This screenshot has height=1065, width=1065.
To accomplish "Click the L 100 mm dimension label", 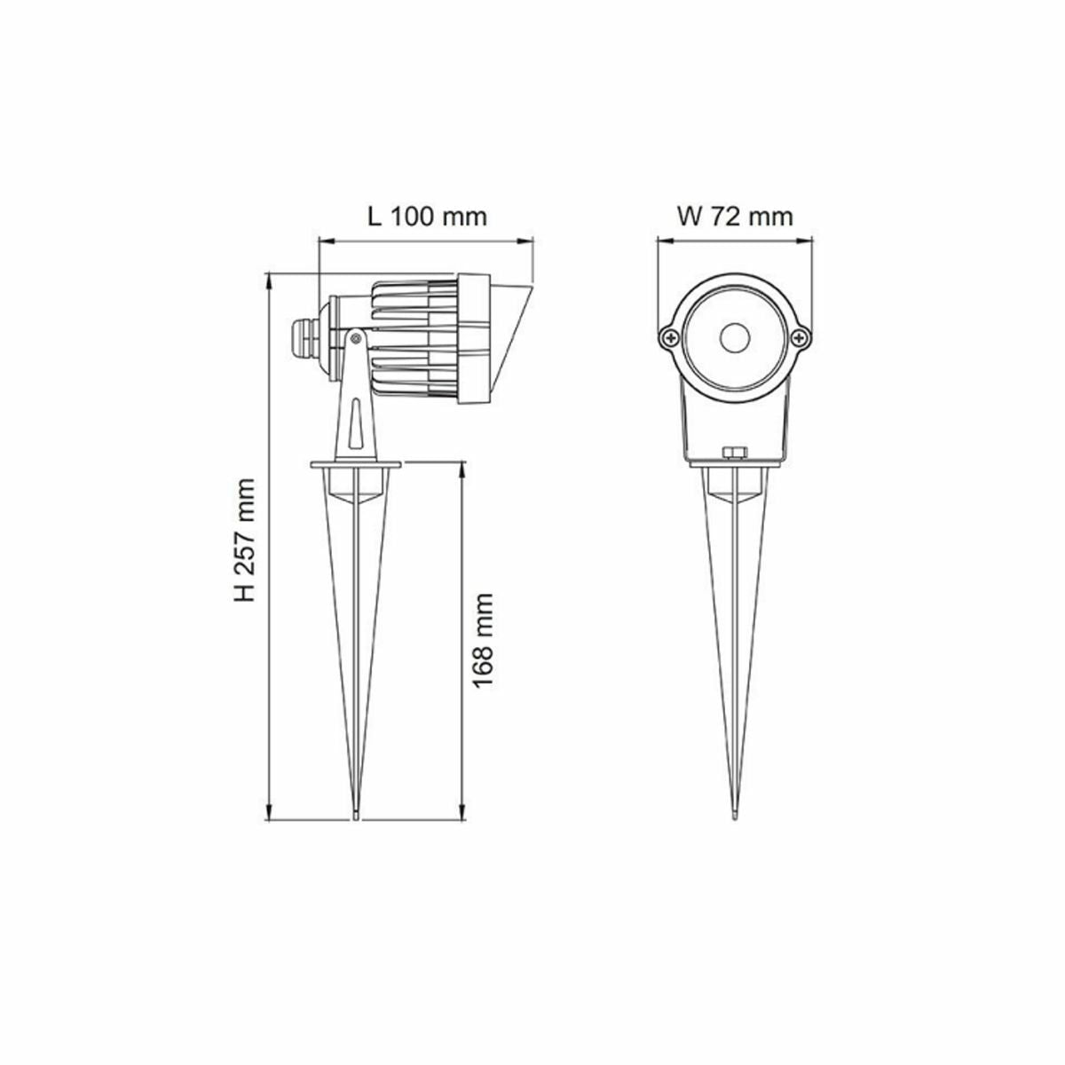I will (427, 217).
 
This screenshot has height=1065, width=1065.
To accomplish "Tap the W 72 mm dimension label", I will (735, 217).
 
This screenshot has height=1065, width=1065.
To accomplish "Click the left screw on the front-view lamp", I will (672, 336).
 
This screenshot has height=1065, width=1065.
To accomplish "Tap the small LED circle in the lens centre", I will (735, 337).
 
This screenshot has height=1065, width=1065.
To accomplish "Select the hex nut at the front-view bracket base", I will (735, 454).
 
